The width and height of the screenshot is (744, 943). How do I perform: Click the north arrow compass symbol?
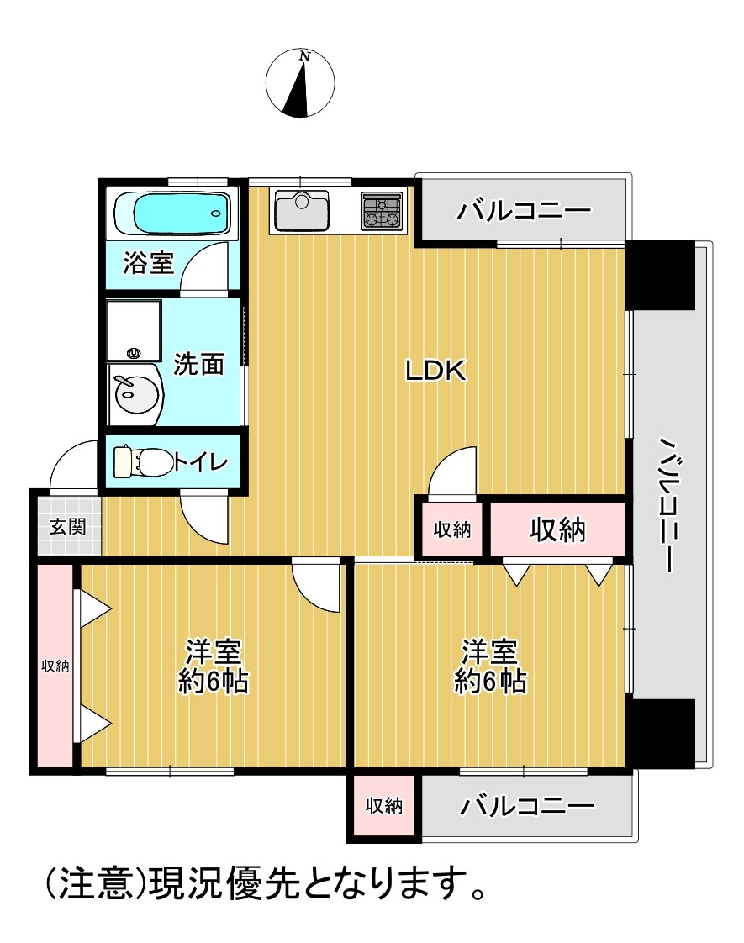coord(300,82)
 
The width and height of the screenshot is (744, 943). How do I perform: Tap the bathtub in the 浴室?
coord(173,213)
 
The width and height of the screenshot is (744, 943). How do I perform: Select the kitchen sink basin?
coord(301,211)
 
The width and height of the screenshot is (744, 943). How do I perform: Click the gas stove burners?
coord(382,211)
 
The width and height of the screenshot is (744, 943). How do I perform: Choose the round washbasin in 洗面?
coord(135,395)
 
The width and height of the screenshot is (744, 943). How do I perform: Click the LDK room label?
coord(435,371)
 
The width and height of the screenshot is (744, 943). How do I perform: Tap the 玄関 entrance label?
coord(67,527)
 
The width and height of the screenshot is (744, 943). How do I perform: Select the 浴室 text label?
coord(149,263)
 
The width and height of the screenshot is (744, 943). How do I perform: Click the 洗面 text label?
coord(198,364)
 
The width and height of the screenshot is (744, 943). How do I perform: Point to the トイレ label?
coord(202,462)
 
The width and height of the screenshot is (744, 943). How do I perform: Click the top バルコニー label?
coord(524,210)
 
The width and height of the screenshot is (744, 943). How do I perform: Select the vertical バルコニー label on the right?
coord(671,504)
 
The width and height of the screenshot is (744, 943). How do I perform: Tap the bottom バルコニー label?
coord(526,806)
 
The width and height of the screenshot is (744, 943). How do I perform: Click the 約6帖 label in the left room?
coord(214,682)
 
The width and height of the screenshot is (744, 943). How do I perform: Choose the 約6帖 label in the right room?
coord(490,682)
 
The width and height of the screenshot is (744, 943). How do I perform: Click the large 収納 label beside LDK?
coord(557,529)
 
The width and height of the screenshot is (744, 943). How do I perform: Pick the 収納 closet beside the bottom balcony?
coord(383,806)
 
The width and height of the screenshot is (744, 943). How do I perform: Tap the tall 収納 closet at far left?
coord(55,666)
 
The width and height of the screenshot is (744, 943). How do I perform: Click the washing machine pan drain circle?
coord(134,354)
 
